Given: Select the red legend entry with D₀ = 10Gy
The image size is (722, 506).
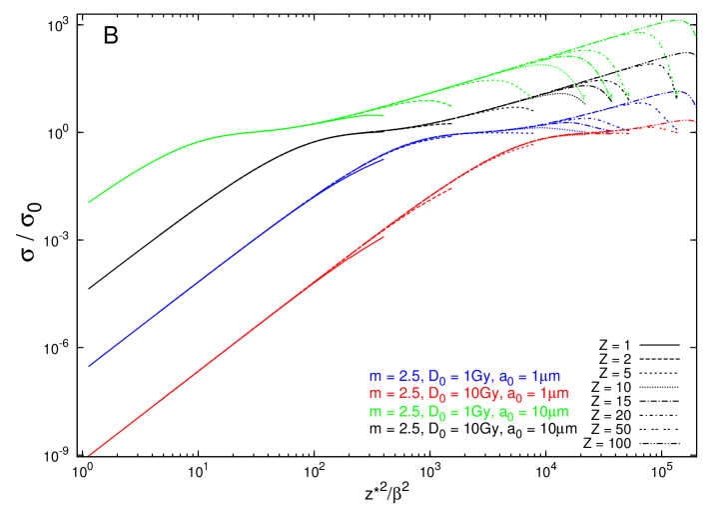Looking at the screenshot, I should point(471,394).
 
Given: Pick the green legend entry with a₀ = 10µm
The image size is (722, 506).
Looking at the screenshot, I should point(469,412).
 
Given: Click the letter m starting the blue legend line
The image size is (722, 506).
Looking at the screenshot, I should point(374,377).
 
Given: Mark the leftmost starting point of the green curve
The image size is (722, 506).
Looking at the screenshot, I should point(89,203).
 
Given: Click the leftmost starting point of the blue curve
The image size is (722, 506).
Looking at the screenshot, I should point(89,366).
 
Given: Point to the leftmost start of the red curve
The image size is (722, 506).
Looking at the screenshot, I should point(89,455).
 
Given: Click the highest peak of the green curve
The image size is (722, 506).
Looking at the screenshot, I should point(677,20).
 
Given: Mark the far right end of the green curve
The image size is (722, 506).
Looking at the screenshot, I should point(696,39).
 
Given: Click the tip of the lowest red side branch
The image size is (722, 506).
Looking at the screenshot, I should point(384,237).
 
